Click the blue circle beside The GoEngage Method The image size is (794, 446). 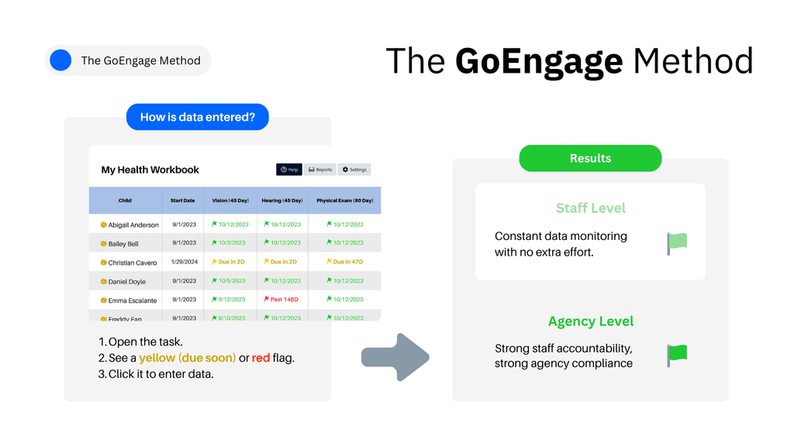(60, 60)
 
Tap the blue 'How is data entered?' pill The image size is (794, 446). (198, 117)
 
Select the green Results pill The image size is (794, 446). (590, 158)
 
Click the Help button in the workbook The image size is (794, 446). (289, 170)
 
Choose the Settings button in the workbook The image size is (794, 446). (354, 170)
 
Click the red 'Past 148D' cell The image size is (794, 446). (281, 300)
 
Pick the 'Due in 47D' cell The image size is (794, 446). (345, 262)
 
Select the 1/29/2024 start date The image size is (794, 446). (183, 262)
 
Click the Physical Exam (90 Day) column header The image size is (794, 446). (344, 201)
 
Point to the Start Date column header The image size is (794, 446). (183, 201)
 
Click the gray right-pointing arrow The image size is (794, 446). (395, 357)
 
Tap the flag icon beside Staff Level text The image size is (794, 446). (677, 243)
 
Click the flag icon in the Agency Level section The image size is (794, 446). (677, 355)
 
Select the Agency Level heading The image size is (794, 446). (590, 321)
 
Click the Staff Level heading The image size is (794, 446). (590, 208)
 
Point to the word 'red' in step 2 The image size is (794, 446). (261, 358)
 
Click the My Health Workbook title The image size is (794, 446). (150, 170)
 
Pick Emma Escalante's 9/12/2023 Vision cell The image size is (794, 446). (229, 300)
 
